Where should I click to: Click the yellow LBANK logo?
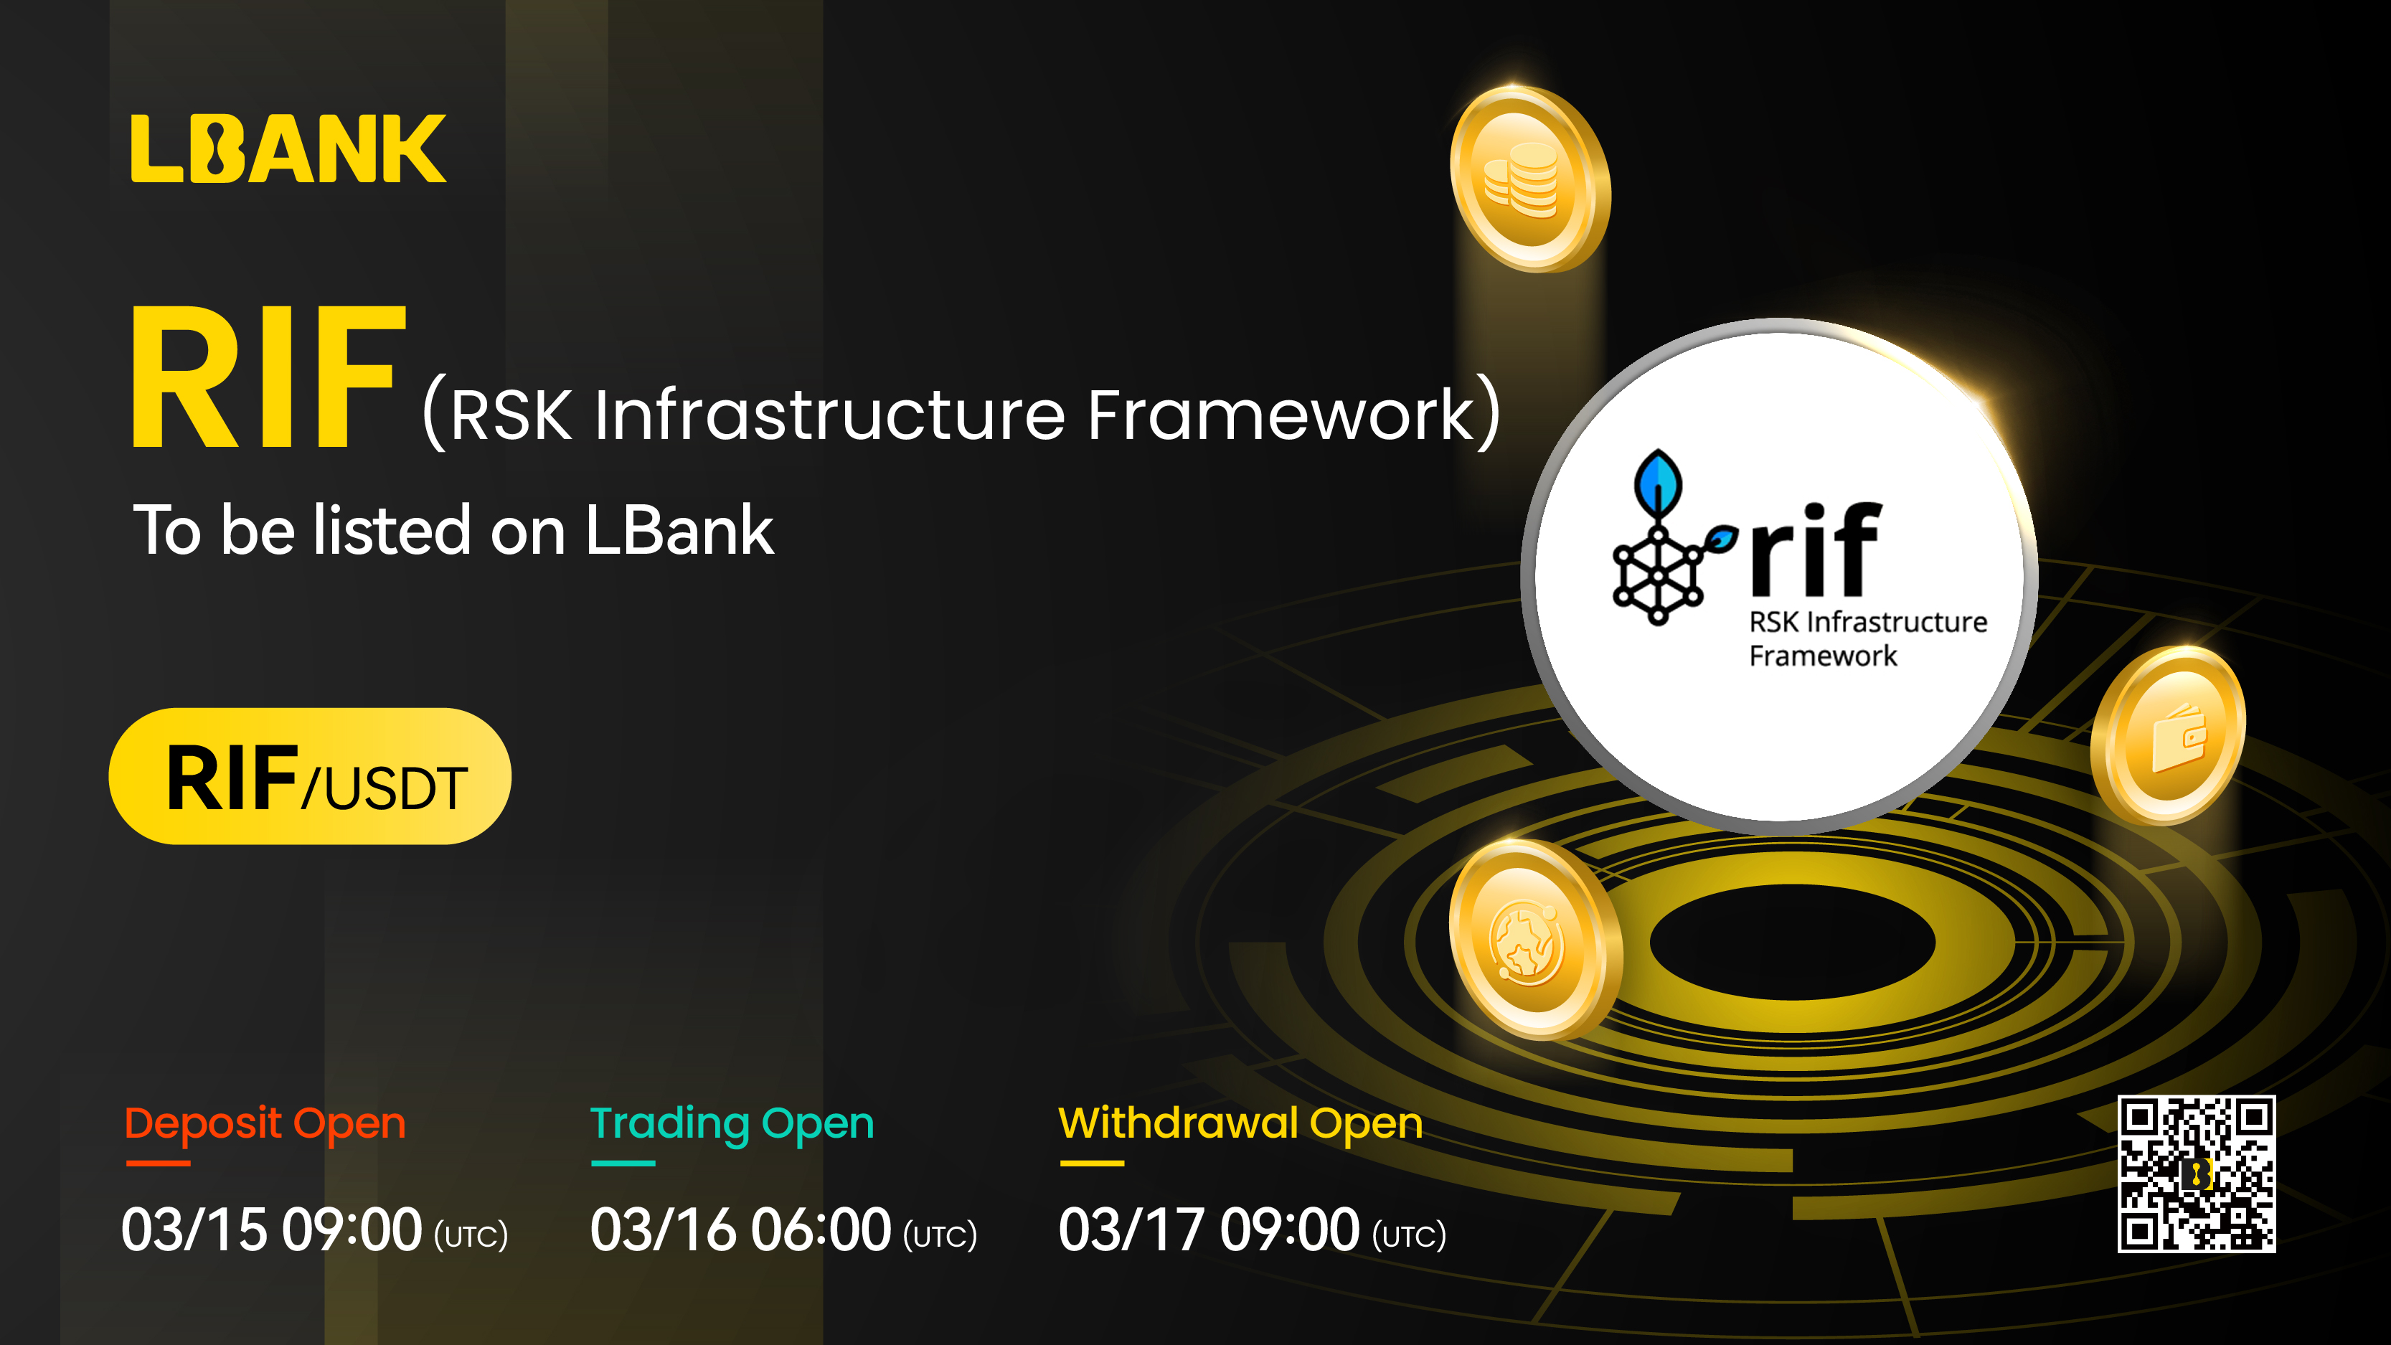point(288,148)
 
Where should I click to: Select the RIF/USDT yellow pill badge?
point(310,776)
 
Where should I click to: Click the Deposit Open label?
point(265,1124)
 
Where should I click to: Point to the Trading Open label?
point(732,1124)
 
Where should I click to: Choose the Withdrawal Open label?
point(1241,1124)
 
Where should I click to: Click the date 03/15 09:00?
point(272,1230)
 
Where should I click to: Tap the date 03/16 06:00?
point(741,1230)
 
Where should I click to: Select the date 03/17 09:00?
point(1209,1230)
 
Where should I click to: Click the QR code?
point(2196,1174)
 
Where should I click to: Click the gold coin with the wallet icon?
point(2167,735)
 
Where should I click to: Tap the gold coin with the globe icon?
point(1535,940)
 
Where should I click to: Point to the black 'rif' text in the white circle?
point(1816,549)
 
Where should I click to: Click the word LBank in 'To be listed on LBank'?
point(679,530)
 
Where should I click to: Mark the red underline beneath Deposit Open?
point(158,1163)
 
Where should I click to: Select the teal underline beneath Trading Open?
point(623,1163)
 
